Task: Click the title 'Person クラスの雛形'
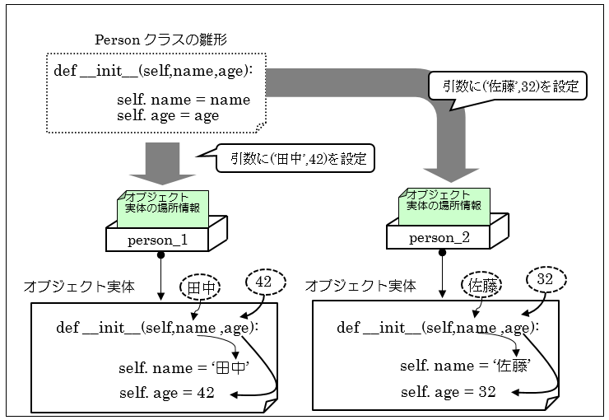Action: (160, 40)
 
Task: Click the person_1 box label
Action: (157, 240)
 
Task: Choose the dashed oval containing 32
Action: (545, 278)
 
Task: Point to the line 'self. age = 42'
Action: (167, 393)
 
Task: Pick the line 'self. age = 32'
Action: (449, 391)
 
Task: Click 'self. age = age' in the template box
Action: (168, 116)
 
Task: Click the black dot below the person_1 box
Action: (161, 255)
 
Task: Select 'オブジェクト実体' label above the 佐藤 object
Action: (360, 286)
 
